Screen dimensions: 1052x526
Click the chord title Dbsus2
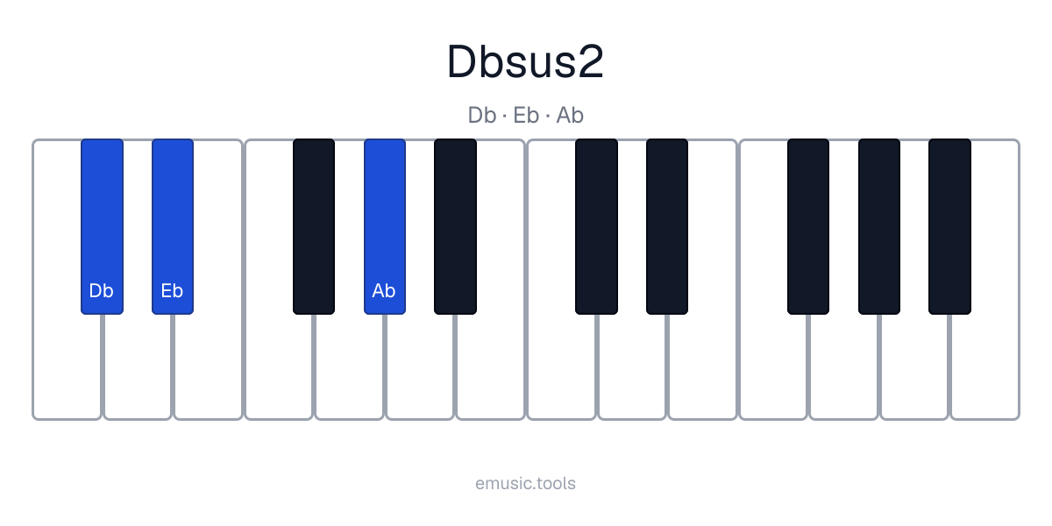click(525, 61)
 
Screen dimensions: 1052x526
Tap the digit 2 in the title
click(590, 61)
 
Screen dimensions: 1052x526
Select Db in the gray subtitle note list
click(482, 115)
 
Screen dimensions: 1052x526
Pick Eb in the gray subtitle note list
click(525, 115)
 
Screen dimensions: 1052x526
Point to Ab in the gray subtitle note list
click(570, 115)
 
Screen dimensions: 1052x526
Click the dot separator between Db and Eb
click(504, 116)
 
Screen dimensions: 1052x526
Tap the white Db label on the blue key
click(101, 291)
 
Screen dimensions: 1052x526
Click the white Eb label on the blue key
click(172, 291)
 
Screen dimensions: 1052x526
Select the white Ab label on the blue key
click(384, 291)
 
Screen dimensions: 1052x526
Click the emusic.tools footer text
click(525, 483)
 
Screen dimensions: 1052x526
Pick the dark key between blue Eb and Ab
click(314, 226)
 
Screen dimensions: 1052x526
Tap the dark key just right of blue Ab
click(455, 226)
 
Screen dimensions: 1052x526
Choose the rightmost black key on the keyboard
click(949, 226)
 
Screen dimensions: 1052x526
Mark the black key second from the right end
click(879, 226)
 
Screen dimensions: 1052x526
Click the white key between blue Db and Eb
click(137, 366)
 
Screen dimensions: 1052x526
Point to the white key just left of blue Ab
click(350, 366)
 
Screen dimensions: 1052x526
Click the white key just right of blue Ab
click(420, 366)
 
